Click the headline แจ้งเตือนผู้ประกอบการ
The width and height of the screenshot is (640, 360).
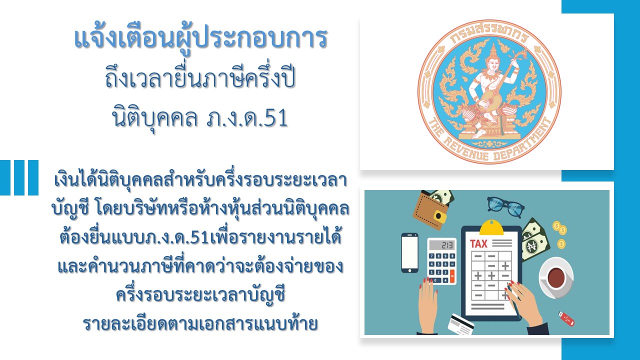[x=200, y=39]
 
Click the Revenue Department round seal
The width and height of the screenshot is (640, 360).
[x=489, y=91]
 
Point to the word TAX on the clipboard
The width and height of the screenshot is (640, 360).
[x=478, y=244]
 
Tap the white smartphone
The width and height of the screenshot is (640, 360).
[x=409, y=253]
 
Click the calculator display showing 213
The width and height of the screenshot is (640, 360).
[x=441, y=245]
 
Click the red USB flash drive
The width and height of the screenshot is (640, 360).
[x=566, y=318]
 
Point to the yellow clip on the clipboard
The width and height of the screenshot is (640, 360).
[x=491, y=228]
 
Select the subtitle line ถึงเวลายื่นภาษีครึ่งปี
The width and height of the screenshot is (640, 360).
[x=200, y=78]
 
